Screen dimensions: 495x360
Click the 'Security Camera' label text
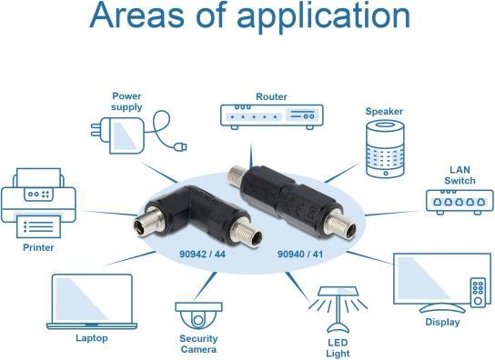(197, 344)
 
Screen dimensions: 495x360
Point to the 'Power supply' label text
(126, 101)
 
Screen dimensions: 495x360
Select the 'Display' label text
(443, 322)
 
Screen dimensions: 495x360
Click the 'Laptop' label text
(91, 337)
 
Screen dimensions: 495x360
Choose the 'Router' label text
(271, 95)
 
